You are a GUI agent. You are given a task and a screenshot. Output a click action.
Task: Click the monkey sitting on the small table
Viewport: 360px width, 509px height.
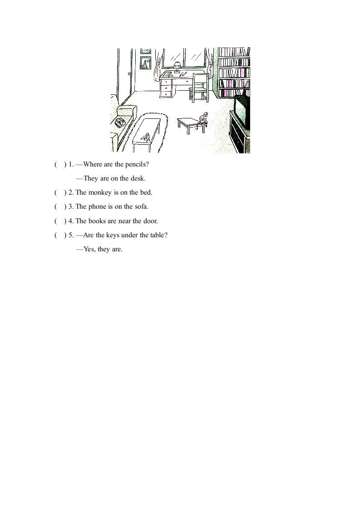(x=204, y=119)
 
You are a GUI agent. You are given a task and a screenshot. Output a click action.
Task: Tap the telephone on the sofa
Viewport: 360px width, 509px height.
(x=120, y=122)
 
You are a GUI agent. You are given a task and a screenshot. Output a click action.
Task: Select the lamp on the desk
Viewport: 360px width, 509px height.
(x=177, y=66)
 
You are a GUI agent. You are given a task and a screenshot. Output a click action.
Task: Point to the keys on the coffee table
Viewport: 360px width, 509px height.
(x=146, y=136)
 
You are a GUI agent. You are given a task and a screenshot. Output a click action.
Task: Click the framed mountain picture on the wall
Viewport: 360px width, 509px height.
(x=145, y=63)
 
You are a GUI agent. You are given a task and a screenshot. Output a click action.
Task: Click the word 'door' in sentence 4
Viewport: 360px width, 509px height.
(x=150, y=221)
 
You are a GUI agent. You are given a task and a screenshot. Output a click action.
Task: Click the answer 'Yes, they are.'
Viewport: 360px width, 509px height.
(x=99, y=249)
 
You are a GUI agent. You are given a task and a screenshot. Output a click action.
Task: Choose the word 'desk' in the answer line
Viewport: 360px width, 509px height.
(x=138, y=178)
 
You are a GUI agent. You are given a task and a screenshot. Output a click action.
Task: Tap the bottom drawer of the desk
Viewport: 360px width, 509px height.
(x=166, y=94)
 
